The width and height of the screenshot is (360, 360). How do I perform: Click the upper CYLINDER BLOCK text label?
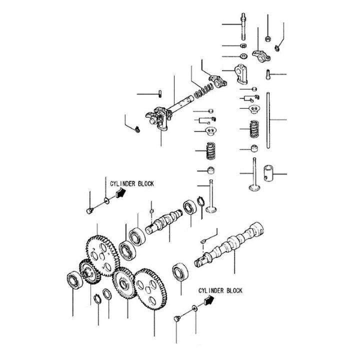click(x=131, y=184)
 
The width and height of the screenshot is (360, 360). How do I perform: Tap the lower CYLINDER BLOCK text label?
click(x=220, y=290)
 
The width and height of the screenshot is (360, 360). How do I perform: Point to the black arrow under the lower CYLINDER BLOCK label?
click(x=207, y=300)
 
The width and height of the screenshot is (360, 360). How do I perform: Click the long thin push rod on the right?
click(x=269, y=120)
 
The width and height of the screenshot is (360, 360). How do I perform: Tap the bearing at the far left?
click(x=73, y=279)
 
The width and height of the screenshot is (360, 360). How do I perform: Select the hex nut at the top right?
click(x=268, y=37)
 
